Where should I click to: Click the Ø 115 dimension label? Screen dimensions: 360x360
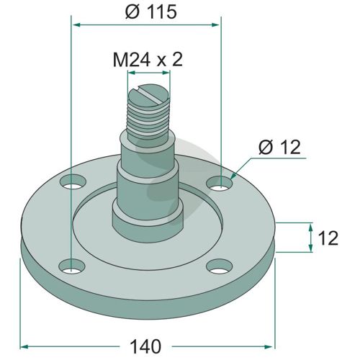[x=151, y=12]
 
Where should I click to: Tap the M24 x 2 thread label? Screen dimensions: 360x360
[x=148, y=60]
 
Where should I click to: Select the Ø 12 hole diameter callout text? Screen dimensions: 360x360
[x=279, y=147]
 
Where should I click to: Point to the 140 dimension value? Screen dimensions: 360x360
[x=145, y=346]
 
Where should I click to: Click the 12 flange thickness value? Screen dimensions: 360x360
[x=328, y=238]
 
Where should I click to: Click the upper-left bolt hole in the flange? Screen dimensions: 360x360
[x=73, y=182]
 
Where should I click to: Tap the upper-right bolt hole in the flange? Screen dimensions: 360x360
[x=220, y=184]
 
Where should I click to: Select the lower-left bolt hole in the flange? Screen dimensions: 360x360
[x=72, y=267]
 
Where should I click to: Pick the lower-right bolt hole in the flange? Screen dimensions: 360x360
[x=220, y=266]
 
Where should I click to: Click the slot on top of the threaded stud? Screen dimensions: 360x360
[x=150, y=95]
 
